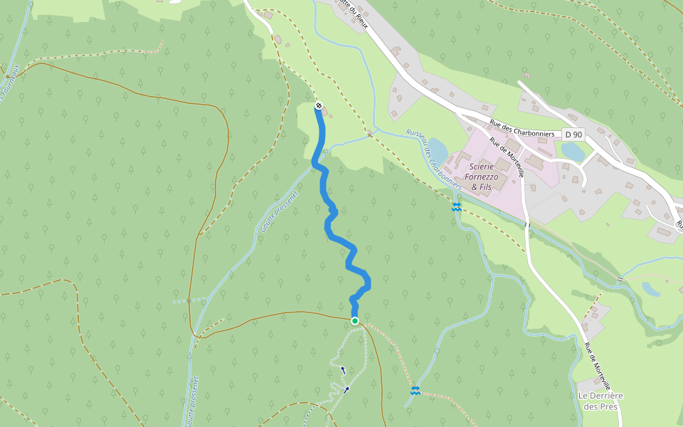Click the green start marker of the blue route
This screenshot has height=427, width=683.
(x=354, y=321)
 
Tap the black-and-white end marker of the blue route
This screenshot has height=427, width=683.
(x=319, y=106)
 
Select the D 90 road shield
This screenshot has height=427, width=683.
(x=573, y=135)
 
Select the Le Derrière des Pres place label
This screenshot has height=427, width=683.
(x=600, y=401)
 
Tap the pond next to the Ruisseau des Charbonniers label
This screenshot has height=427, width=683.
(x=438, y=150)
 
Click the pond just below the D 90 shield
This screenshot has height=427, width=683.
(x=573, y=152)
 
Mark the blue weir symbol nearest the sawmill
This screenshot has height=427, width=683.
(x=456, y=207)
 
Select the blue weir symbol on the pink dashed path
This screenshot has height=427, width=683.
(x=415, y=390)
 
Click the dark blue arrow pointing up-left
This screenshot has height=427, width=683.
(x=343, y=369)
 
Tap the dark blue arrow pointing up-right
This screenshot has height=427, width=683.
(x=346, y=389)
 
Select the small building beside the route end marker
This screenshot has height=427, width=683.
(x=325, y=112)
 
